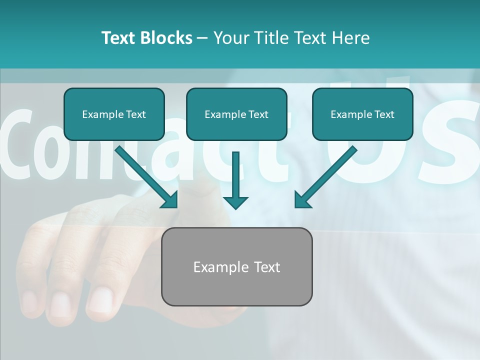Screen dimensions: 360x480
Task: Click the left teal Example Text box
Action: click(x=114, y=114)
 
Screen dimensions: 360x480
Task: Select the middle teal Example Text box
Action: click(x=236, y=114)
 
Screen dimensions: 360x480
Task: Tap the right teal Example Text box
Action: click(x=362, y=114)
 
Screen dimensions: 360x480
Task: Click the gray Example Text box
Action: click(x=236, y=266)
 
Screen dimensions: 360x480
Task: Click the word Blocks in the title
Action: click(x=167, y=38)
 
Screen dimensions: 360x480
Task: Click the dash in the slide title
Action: click(x=202, y=38)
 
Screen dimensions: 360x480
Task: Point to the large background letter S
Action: click(x=450, y=142)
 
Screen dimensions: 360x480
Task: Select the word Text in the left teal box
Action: click(x=135, y=114)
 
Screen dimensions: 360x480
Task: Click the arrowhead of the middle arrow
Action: click(x=235, y=202)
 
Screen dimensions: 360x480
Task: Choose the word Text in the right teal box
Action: click(x=383, y=114)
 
